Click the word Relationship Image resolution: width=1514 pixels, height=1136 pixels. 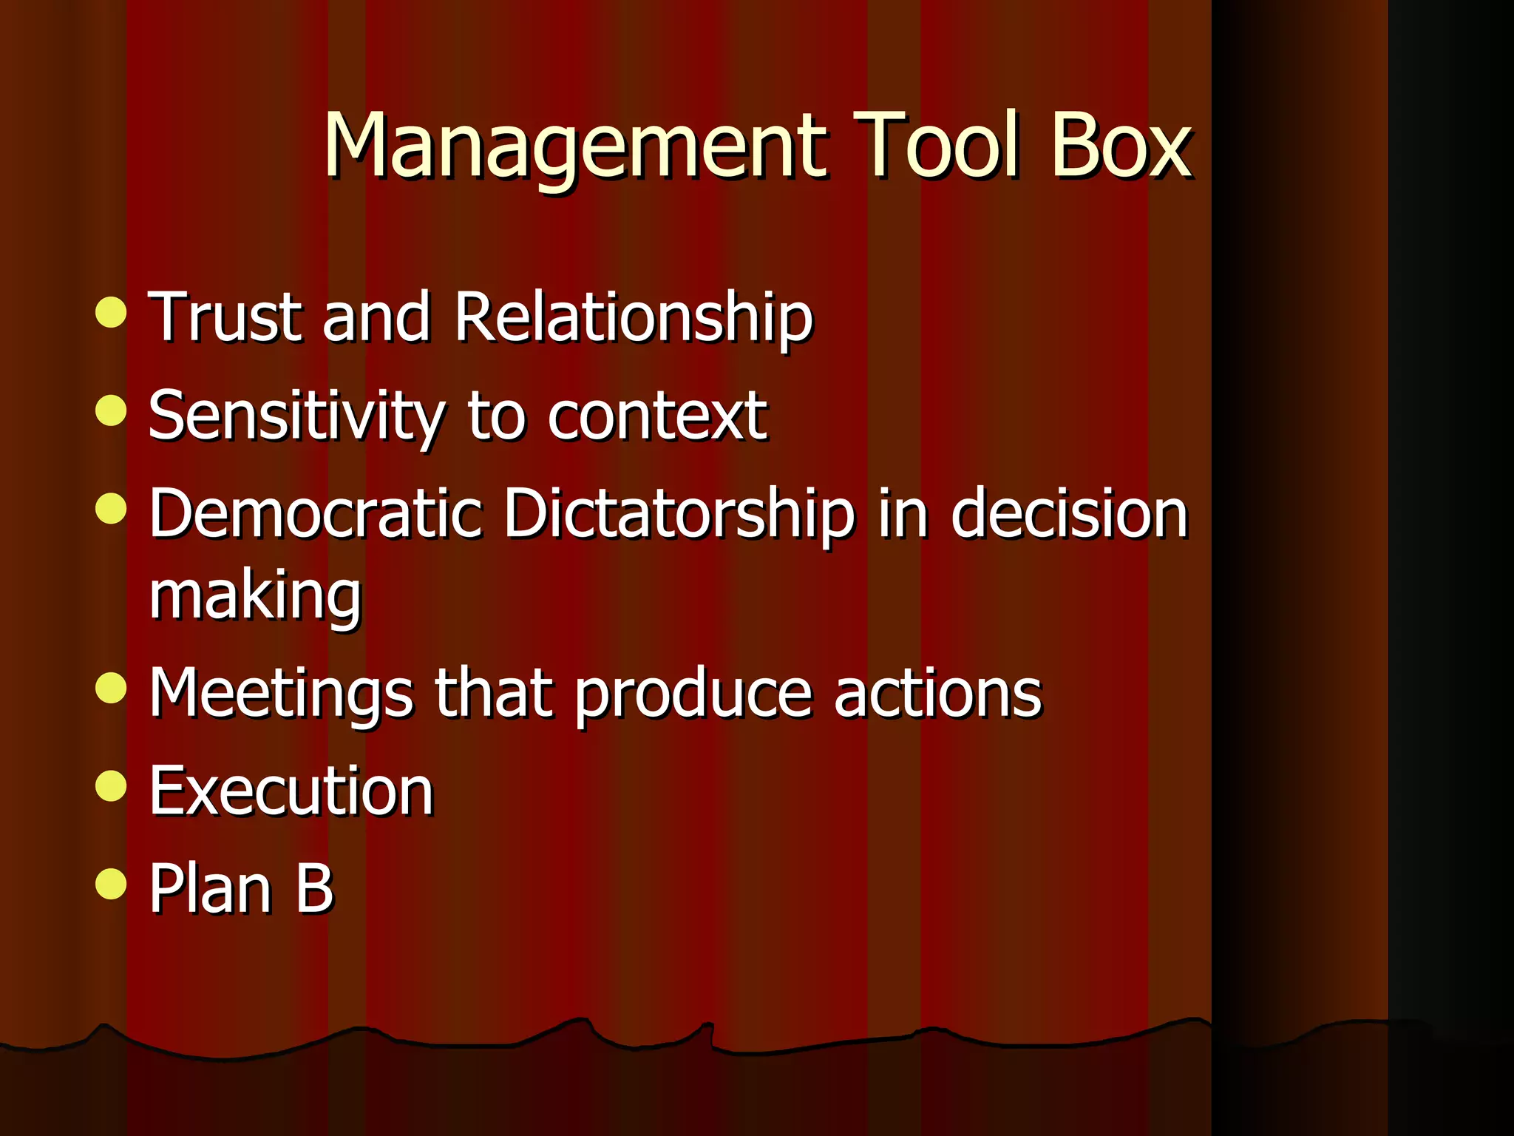click(x=633, y=318)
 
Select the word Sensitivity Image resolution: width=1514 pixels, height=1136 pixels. click(x=296, y=417)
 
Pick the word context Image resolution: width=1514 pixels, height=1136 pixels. click(x=656, y=416)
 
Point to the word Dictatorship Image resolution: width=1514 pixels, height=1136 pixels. click(x=679, y=515)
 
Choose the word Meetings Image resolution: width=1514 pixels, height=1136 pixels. click(x=281, y=694)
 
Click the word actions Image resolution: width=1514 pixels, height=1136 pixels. click(x=937, y=693)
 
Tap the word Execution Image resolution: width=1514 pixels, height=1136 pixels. click(x=291, y=791)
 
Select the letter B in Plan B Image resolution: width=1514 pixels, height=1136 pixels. click(x=315, y=888)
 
